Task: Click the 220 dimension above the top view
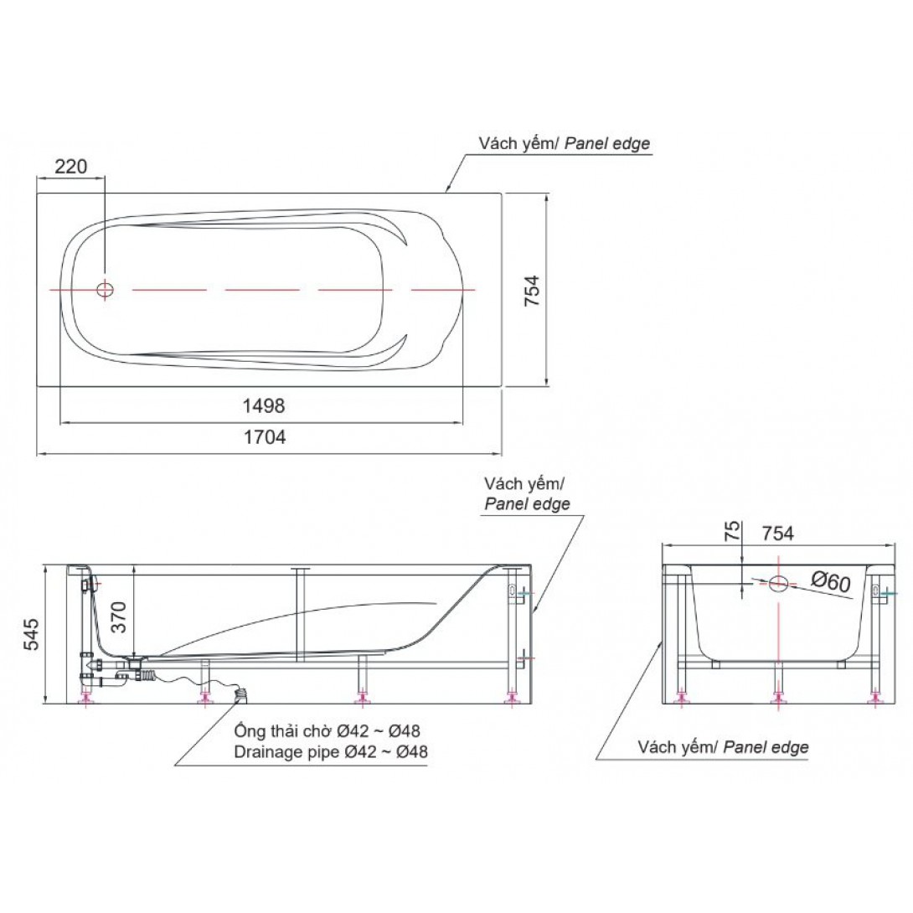[70, 167]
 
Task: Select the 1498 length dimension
[264, 405]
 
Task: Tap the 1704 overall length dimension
[265, 436]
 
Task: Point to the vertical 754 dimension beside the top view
[532, 291]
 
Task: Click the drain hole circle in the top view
[106, 289]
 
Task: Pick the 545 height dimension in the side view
[32, 634]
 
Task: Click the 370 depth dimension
[119, 617]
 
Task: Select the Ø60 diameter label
[832, 581]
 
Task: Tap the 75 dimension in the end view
[734, 531]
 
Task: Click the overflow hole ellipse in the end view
[778, 583]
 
